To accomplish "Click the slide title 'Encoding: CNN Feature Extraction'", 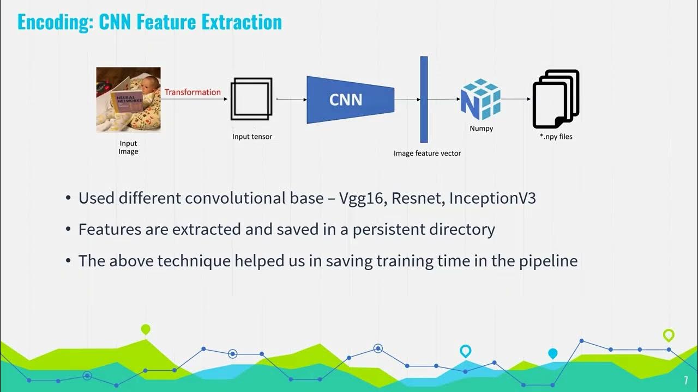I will click(x=149, y=22).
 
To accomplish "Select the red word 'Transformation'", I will click(x=192, y=92).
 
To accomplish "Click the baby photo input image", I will click(x=128, y=99).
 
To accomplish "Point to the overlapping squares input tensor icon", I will click(x=251, y=99).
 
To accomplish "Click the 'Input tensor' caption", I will click(x=252, y=137).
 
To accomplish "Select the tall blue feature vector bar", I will click(x=424, y=99).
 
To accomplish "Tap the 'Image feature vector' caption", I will click(x=427, y=154).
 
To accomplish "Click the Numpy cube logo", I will click(x=480, y=99).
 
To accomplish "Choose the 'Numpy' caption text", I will click(x=481, y=129).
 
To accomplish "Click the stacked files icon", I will click(x=556, y=99).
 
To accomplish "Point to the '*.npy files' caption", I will click(x=556, y=137).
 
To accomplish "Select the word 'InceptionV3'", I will click(x=492, y=198).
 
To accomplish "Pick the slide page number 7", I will click(x=686, y=381).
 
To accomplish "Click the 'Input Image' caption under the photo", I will click(x=128, y=148).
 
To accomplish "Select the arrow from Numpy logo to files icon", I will click(x=516, y=99).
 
